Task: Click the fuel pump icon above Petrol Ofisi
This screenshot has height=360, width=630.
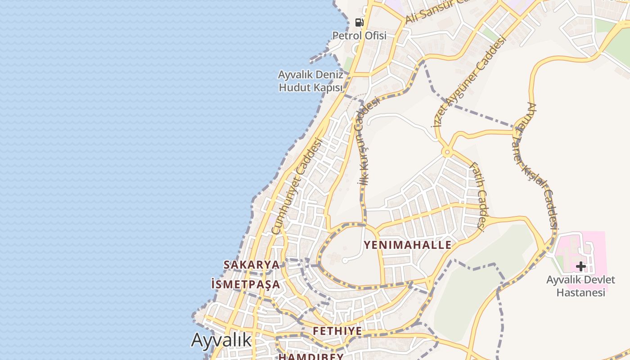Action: point(359,22)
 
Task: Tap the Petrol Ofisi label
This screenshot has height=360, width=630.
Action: point(359,36)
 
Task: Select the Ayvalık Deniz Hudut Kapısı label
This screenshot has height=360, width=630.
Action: point(311,81)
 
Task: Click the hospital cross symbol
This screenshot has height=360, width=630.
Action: point(580,266)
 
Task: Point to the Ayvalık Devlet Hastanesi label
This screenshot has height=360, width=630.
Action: point(580,286)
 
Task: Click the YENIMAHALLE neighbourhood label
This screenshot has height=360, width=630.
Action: point(408,245)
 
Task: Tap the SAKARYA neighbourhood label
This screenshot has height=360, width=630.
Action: point(252,265)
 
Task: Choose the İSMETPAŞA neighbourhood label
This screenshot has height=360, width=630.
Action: point(246,284)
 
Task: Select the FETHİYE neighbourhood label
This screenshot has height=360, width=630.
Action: point(337,331)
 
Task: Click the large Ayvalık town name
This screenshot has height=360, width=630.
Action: point(221,340)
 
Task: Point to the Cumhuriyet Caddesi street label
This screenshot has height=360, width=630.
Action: point(297,186)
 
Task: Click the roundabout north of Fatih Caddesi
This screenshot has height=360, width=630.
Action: point(446,153)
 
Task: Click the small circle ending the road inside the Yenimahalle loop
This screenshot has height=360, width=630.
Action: point(345,260)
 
